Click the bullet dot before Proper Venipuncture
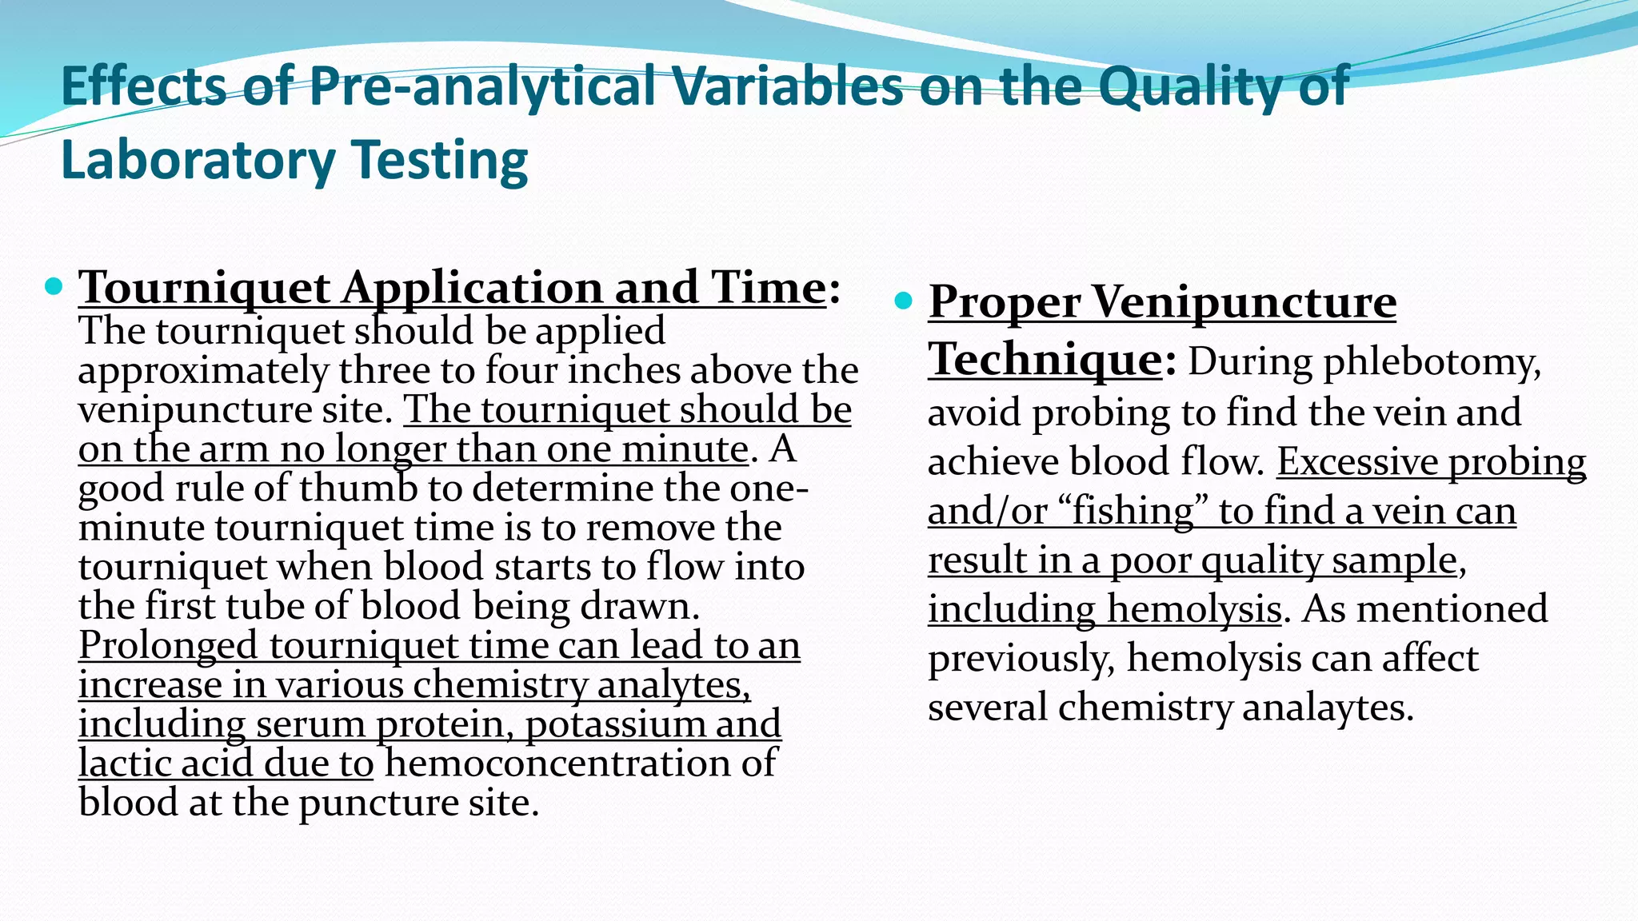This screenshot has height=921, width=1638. tap(904, 301)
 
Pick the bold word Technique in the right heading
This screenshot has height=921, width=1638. tap(1045, 358)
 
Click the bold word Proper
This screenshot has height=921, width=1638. tap(1004, 303)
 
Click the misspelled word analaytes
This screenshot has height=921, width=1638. tap(1328, 708)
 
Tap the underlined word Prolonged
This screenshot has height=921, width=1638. tap(168, 645)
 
